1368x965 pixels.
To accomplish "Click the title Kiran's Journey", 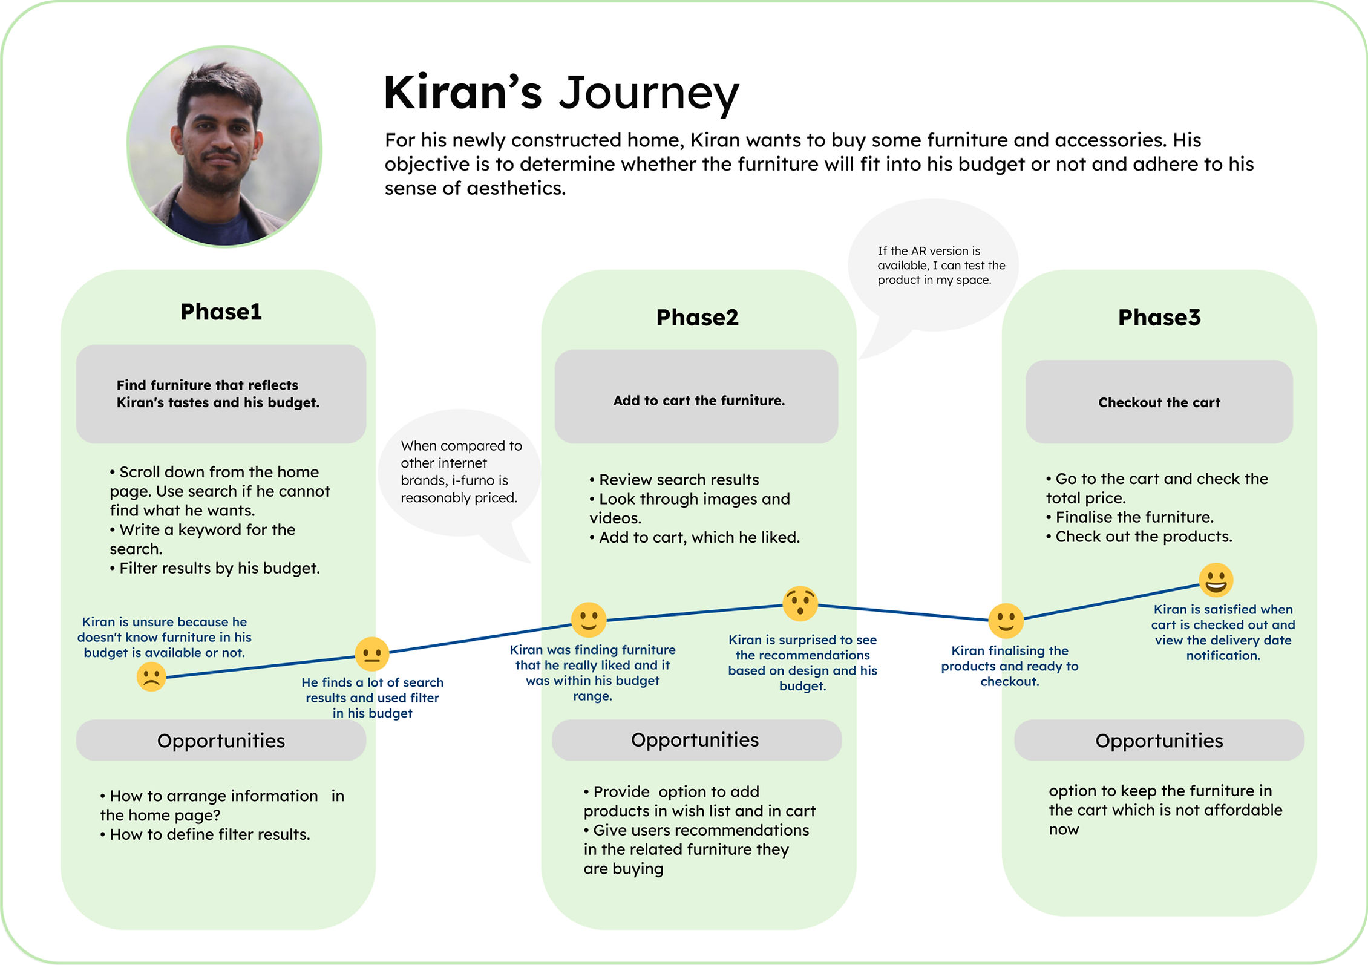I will point(561,94).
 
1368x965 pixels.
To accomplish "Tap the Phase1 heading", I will point(221,312).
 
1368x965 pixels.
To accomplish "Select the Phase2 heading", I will point(697,318).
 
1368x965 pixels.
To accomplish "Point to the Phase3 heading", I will point(1159,318).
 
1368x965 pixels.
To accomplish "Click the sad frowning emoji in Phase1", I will point(151,676).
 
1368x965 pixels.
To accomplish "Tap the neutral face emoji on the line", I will point(371,654).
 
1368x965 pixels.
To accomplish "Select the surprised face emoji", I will point(800,603).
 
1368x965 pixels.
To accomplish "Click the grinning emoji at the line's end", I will point(1216,580).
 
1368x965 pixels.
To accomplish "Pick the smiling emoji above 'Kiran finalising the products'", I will point(1006,620).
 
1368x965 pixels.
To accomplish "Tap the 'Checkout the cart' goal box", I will point(1159,402).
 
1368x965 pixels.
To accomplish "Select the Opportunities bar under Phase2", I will point(696,740).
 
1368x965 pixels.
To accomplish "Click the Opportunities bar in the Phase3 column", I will point(1159,741).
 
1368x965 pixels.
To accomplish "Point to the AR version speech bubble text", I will point(934,265).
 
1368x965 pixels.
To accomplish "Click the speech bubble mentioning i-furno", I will point(460,472).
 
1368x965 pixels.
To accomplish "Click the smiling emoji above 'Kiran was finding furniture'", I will point(588,620).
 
